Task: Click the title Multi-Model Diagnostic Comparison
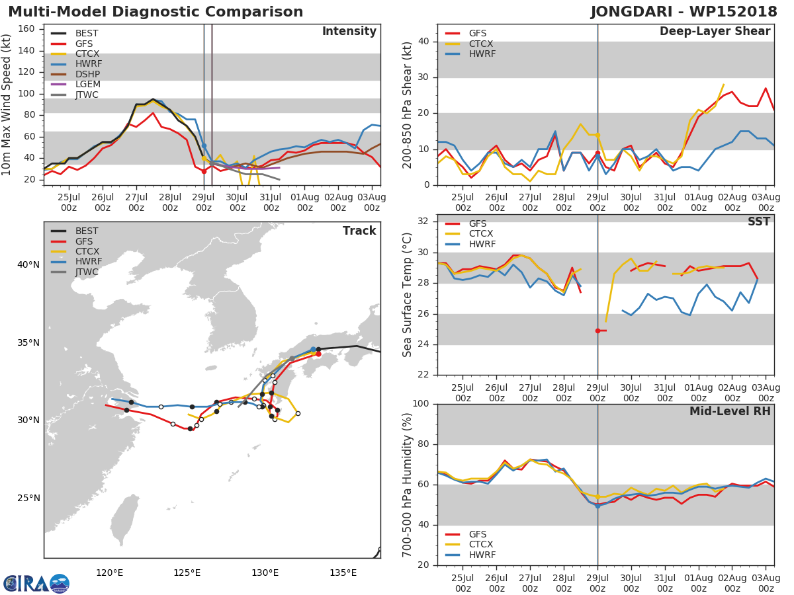(155, 12)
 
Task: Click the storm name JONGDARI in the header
(634, 12)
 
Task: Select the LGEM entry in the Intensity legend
(87, 84)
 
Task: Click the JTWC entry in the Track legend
(87, 272)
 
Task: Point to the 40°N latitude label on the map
(28, 265)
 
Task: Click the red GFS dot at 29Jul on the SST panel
(597, 331)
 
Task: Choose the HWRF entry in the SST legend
(481, 244)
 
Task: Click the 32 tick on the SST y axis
(423, 221)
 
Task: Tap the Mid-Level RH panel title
(730, 412)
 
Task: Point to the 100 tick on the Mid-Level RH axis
(420, 404)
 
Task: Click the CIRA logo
(36, 584)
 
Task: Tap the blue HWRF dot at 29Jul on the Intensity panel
(204, 145)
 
